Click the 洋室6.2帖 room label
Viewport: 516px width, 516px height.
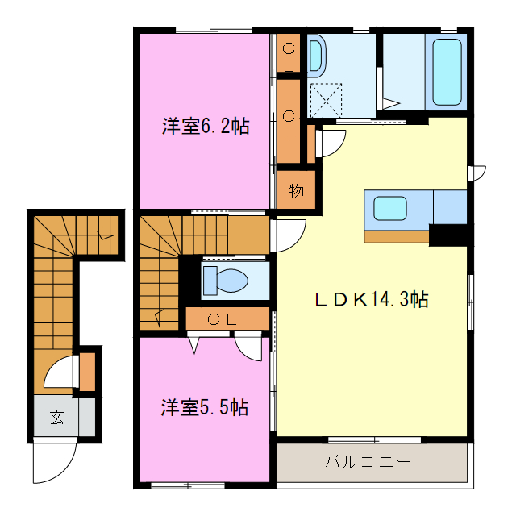[x=205, y=126]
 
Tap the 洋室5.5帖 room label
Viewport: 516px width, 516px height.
[x=203, y=407]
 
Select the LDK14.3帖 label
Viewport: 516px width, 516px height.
[x=370, y=299]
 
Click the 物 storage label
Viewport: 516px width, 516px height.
[x=296, y=192]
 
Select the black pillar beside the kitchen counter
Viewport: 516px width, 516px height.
[x=449, y=235]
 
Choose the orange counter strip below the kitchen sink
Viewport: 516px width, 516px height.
[x=396, y=236]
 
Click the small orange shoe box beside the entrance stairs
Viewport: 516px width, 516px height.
[x=87, y=371]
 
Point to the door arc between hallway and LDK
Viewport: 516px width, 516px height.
[x=289, y=235]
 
